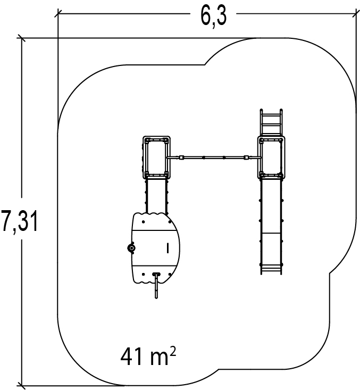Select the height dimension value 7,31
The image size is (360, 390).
tap(19, 221)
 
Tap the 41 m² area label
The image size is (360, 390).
tap(148, 356)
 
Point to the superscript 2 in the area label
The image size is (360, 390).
tap(173, 352)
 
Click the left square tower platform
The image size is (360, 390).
tap(156, 157)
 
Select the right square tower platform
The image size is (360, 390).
tap(271, 157)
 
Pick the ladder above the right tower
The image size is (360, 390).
tap(271, 122)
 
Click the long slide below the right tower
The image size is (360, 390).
tap(271, 226)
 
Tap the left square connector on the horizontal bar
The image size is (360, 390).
tap(181, 157)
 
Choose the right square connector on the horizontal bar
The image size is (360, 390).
tap(246, 157)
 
